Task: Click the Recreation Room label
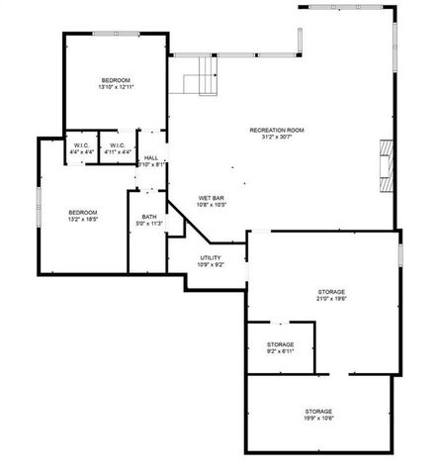click(276, 130)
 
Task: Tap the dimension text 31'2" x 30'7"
click(276, 137)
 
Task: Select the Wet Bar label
click(213, 199)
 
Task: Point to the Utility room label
click(211, 258)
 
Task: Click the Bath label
click(148, 217)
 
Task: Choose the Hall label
click(150, 157)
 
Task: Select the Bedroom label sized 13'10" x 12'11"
click(116, 79)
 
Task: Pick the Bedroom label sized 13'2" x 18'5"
click(82, 212)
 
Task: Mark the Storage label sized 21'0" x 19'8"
click(331, 292)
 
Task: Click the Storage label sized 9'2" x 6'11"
click(280, 344)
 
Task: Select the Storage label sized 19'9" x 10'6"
click(317, 411)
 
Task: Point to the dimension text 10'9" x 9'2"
click(211, 265)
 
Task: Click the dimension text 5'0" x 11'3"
click(148, 224)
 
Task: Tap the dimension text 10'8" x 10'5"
click(213, 206)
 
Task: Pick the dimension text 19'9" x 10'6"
click(317, 418)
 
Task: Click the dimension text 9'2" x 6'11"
click(280, 351)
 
